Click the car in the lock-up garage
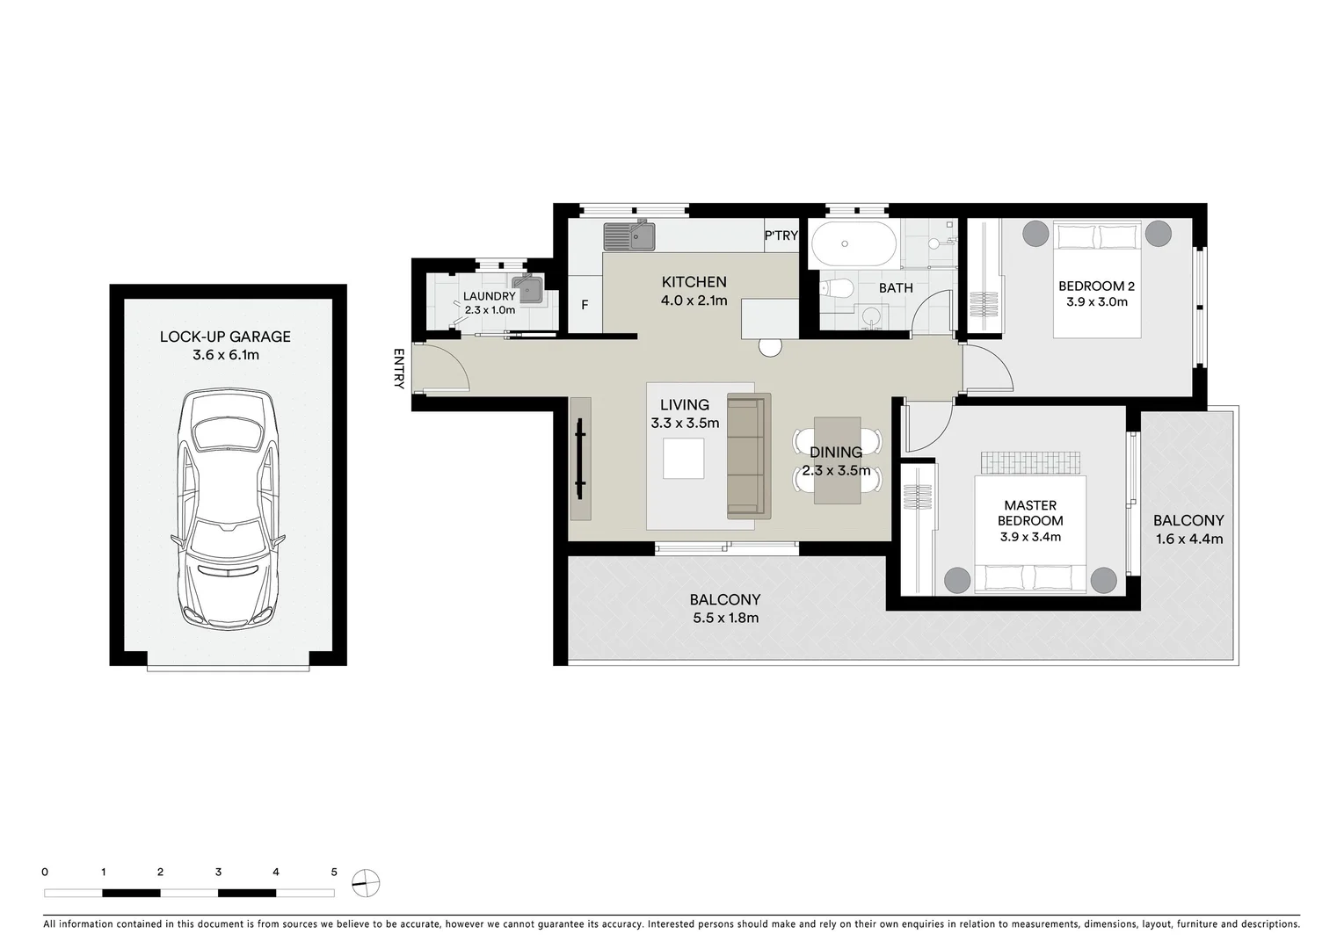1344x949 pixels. pyautogui.click(x=228, y=510)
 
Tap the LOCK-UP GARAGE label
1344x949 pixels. pyautogui.click(x=225, y=337)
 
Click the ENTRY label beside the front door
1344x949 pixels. pyautogui.click(x=398, y=369)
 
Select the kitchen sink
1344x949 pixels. pyautogui.click(x=628, y=235)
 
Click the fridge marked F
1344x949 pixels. pyautogui.click(x=585, y=306)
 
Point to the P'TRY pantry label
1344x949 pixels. pyautogui.click(x=781, y=235)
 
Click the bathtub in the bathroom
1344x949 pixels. pyautogui.click(x=853, y=243)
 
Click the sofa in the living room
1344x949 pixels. pyautogui.click(x=748, y=455)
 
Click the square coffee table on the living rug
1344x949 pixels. pyautogui.click(x=683, y=458)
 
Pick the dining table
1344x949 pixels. pyautogui.click(x=837, y=460)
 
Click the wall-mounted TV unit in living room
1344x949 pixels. pyautogui.click(x=580, y=459)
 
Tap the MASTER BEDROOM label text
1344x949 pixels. pyautogui.click(x=1030, y=512)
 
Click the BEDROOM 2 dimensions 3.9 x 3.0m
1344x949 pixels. pyautogui.click(x=1096, y=301)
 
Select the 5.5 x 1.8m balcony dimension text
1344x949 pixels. pyautogui.click(x=724, y=618)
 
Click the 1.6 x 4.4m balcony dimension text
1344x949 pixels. pyautogui.click(x=1188, y=539)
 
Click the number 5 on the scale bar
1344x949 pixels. pyautogui.click(x=334, y=873)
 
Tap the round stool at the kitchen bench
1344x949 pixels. pyautogui.click(x=770, y=347)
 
